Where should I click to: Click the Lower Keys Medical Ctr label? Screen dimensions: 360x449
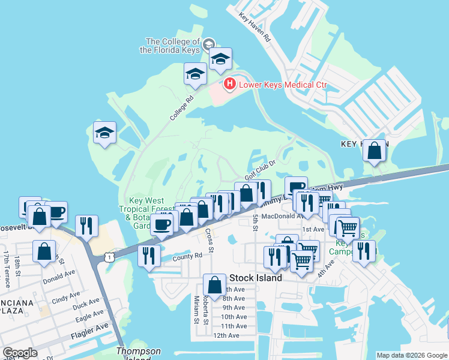point(283,85)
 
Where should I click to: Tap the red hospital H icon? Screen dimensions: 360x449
point(229,85)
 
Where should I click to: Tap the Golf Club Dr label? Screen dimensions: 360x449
point(260,167)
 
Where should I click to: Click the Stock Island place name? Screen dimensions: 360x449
point(256,278)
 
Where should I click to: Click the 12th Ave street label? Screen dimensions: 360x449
point(226,335)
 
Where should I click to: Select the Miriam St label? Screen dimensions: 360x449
point(196,310)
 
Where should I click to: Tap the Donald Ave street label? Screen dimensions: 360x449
point(58,280)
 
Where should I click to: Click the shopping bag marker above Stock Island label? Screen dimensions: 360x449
point(214,285)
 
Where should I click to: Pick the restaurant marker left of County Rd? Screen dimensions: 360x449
point(148,255)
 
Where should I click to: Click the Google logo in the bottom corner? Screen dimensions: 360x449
point(20,353)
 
